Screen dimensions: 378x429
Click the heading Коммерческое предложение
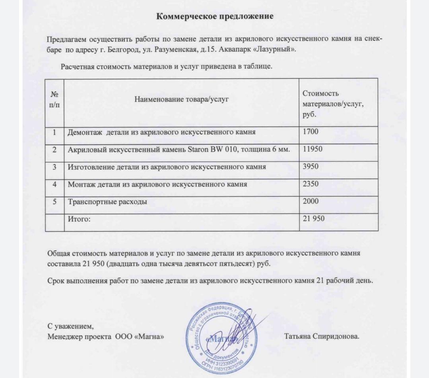click(215, 17)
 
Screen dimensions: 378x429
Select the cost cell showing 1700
click(311, 131)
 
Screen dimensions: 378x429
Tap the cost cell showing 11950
click(313, 149)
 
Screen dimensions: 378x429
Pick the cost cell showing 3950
click(311, 167)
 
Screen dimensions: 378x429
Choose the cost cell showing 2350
click(311, 184)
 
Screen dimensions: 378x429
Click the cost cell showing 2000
click(311, 201)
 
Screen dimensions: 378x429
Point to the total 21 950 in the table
click(314, 218)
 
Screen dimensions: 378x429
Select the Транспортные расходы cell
click(107, 201)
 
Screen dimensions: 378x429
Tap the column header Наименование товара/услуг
click(181, 99)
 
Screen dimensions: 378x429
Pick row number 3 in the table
click(54, 167)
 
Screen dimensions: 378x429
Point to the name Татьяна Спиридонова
click(322, 336)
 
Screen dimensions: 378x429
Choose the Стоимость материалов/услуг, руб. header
click(333, 104)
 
